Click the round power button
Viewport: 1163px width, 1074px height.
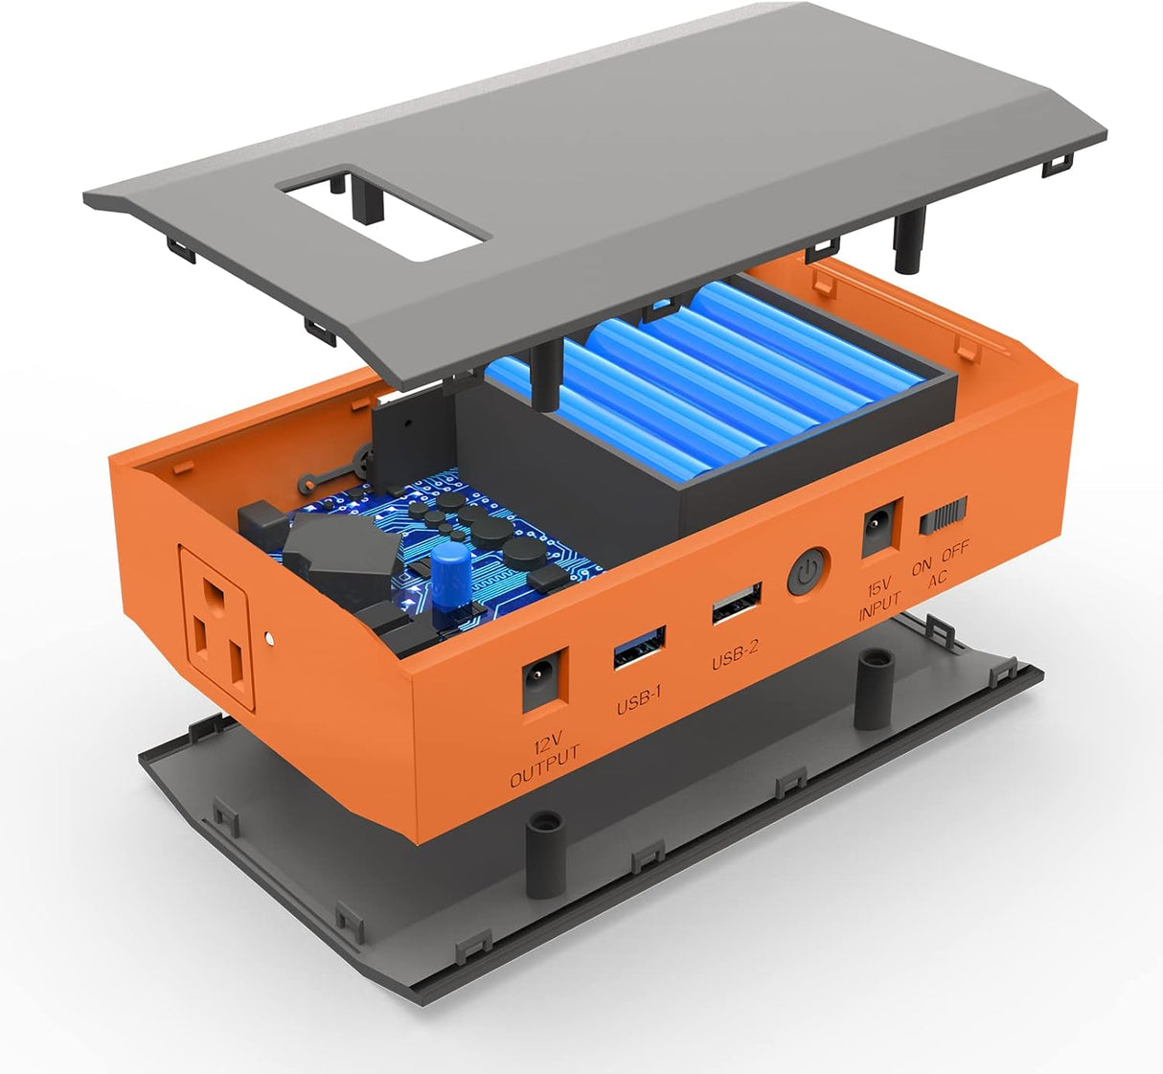[809, 574]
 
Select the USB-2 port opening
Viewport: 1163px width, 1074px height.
[737, 604]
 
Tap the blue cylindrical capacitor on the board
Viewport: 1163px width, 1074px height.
[448, 579]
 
